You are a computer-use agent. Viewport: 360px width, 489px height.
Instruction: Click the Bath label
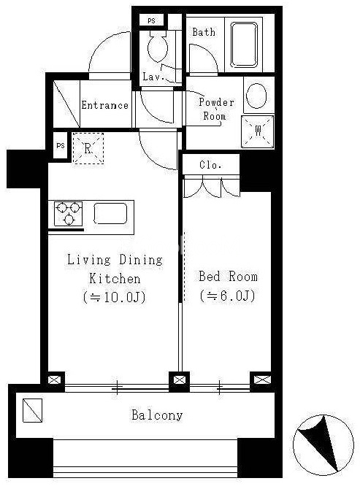(204, 32)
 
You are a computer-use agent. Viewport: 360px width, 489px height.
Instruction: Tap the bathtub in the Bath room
(244, 45)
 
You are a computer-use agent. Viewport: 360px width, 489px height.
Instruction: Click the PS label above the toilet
(151, 21)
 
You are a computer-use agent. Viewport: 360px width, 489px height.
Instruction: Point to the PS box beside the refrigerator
(61, 145)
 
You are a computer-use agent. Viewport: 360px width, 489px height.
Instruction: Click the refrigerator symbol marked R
(88, 148)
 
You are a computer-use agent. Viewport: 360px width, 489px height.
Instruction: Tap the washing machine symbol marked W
(258, 131)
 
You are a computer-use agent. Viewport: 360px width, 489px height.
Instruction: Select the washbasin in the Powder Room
(257, 96)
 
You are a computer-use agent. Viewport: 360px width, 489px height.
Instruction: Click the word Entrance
(105, 105)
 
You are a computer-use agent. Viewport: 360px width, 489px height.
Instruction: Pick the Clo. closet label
(210, 165)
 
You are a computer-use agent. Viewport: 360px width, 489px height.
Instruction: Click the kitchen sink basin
(110, 214)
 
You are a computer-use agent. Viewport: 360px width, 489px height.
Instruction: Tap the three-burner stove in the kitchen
(69, 214)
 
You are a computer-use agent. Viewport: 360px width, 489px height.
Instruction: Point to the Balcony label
(157, 415)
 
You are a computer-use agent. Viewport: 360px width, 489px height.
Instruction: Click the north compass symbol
(323, 445)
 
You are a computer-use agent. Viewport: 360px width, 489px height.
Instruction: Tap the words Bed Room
(228, 277)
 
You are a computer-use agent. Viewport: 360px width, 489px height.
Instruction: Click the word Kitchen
(115, 279)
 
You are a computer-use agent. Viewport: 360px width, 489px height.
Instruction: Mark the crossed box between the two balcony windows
(179, 380)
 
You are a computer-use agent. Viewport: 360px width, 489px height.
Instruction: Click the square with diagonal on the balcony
(32, 410)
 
